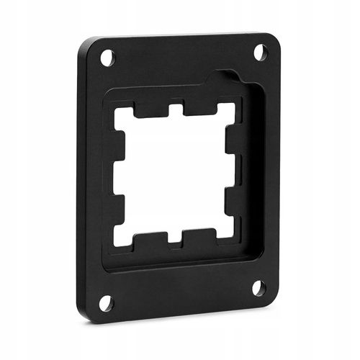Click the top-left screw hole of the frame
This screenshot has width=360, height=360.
point(107,58)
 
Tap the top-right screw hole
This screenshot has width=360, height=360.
point(260,52)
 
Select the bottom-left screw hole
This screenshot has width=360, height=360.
point(106,303)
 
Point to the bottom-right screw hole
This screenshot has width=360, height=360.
point(258,288)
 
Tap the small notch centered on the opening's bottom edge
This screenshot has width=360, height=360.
point(175,237)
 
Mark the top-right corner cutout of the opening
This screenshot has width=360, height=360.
point(226,112)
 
